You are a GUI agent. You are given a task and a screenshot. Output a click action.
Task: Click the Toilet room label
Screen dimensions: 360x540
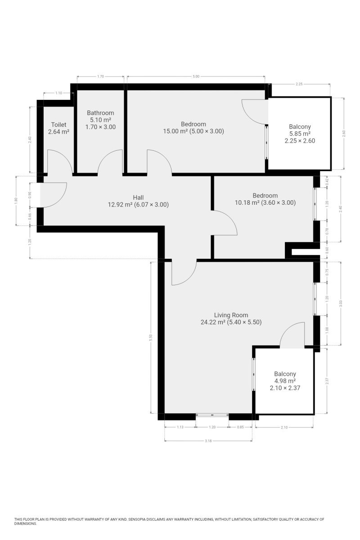click(x=58, y=125)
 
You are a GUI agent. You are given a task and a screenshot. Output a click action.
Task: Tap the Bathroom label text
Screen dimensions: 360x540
click(x=100, y=113)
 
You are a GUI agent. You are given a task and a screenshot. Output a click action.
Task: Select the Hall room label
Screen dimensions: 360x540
click(x=138, y=198)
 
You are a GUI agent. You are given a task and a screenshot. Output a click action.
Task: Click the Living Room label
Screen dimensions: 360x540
click(x=231, y=315)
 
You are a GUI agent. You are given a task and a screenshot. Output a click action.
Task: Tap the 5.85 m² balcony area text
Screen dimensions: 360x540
click(x=300, y=134)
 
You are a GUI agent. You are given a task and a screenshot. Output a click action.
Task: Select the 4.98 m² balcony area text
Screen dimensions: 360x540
click(x=285, y=381)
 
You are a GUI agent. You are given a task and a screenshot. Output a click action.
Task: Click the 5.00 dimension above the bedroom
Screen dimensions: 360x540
click(x=196, y=76)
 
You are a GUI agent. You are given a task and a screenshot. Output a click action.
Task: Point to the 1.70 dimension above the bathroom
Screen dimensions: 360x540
click(x=100, y=76)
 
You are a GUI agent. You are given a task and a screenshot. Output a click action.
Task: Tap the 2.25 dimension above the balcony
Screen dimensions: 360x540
click(x=299, y=84)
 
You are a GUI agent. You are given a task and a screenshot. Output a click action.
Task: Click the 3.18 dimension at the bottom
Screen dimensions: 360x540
click(x=208, y=441)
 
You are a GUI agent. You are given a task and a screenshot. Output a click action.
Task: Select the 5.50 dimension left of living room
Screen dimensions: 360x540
click(x=151, y=337)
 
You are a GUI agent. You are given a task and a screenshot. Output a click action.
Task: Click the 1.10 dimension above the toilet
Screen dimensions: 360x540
click(x=58, y=93)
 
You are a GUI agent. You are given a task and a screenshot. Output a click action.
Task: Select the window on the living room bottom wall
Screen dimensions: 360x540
click(x=212, y=414)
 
